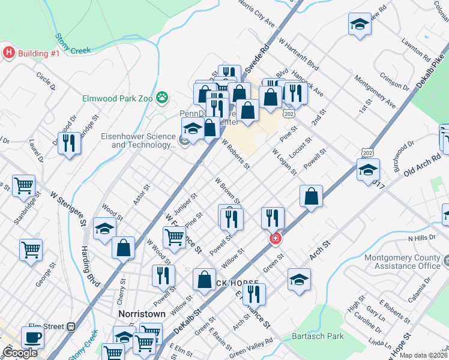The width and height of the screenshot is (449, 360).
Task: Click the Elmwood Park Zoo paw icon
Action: tap(161, 97)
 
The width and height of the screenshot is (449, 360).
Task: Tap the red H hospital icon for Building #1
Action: tap(8, 53)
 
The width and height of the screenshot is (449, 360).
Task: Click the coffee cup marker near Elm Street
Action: tap(32, 337)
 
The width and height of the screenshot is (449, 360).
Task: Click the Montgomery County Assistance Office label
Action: tap(403, 262)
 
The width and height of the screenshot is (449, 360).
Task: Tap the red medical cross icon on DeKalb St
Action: tap(275, 239)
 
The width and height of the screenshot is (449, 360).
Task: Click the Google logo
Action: tap(20, 353)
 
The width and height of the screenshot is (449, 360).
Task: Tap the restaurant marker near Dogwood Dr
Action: tap(70, 143)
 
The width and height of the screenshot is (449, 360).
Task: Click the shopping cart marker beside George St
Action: tap(31, 248)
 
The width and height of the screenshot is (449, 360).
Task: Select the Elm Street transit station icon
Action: tap(71, 326)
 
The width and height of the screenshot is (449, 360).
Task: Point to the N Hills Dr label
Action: tap(421, 239)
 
